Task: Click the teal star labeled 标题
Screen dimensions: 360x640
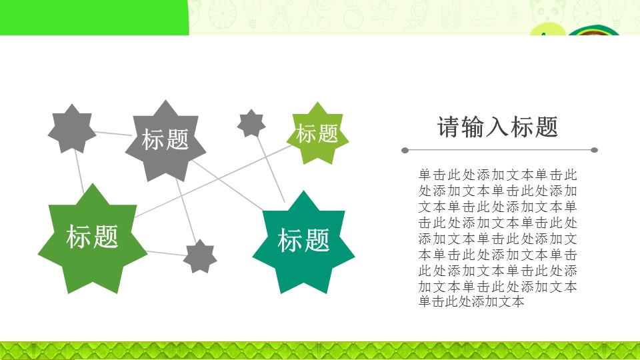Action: click(303, 241)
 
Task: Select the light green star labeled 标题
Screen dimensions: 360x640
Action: click(317, 133)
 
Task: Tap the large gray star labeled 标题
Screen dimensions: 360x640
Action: click(165, 141)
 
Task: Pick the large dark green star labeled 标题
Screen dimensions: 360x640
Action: click(92, 238)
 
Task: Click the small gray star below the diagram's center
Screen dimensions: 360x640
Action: click(200, 257)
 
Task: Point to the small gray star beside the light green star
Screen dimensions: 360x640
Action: click(251, 123)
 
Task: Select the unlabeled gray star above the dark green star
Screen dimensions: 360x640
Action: click(71, 129)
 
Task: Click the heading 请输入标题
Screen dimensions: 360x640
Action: click(497, 127)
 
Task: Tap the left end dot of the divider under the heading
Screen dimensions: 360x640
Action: click(405, 150)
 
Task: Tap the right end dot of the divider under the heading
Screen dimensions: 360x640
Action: click(595, 150)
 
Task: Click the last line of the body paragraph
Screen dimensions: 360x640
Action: click(471, 301)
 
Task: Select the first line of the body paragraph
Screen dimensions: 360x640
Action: click(497, 175)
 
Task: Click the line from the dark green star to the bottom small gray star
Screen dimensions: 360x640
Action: click(165, 253)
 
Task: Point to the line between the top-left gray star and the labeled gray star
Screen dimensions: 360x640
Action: click(112, 133)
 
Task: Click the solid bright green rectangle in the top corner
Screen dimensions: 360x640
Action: click(93, 17)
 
